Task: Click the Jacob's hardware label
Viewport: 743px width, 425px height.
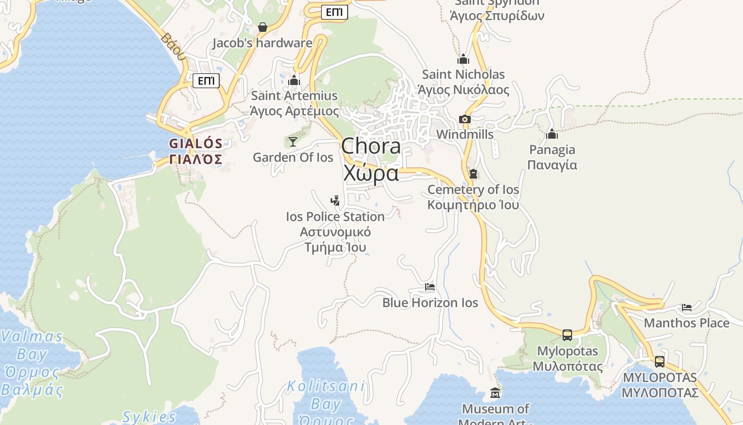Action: coord(262,43)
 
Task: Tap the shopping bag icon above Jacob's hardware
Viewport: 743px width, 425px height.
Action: coord(262,27)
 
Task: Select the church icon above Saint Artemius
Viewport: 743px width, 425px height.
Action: coord(294,80)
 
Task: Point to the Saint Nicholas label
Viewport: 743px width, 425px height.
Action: coord(463,74)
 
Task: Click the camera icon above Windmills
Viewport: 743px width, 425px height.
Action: coord(465,119)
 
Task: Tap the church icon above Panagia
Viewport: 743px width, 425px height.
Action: coord(552,134)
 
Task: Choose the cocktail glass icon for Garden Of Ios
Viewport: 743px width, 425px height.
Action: coord(292,141)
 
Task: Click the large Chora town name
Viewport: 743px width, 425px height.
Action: coord(371,147)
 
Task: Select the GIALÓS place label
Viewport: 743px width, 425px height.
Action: coord(195,143)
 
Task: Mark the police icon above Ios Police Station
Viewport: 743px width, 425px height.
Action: coord(335,201)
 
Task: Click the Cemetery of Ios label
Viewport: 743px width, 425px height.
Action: coord(473,190)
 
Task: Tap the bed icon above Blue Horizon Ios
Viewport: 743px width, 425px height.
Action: coord(430,287)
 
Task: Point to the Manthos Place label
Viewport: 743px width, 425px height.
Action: coord(686,323)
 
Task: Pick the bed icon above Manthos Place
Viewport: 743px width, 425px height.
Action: coord(687,308)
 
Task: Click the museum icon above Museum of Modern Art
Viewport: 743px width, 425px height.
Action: coord(495,393)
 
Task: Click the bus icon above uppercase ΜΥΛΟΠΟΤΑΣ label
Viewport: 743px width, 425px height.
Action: coord(660,361)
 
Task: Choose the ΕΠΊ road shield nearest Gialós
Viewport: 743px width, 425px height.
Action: coord(205,81)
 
